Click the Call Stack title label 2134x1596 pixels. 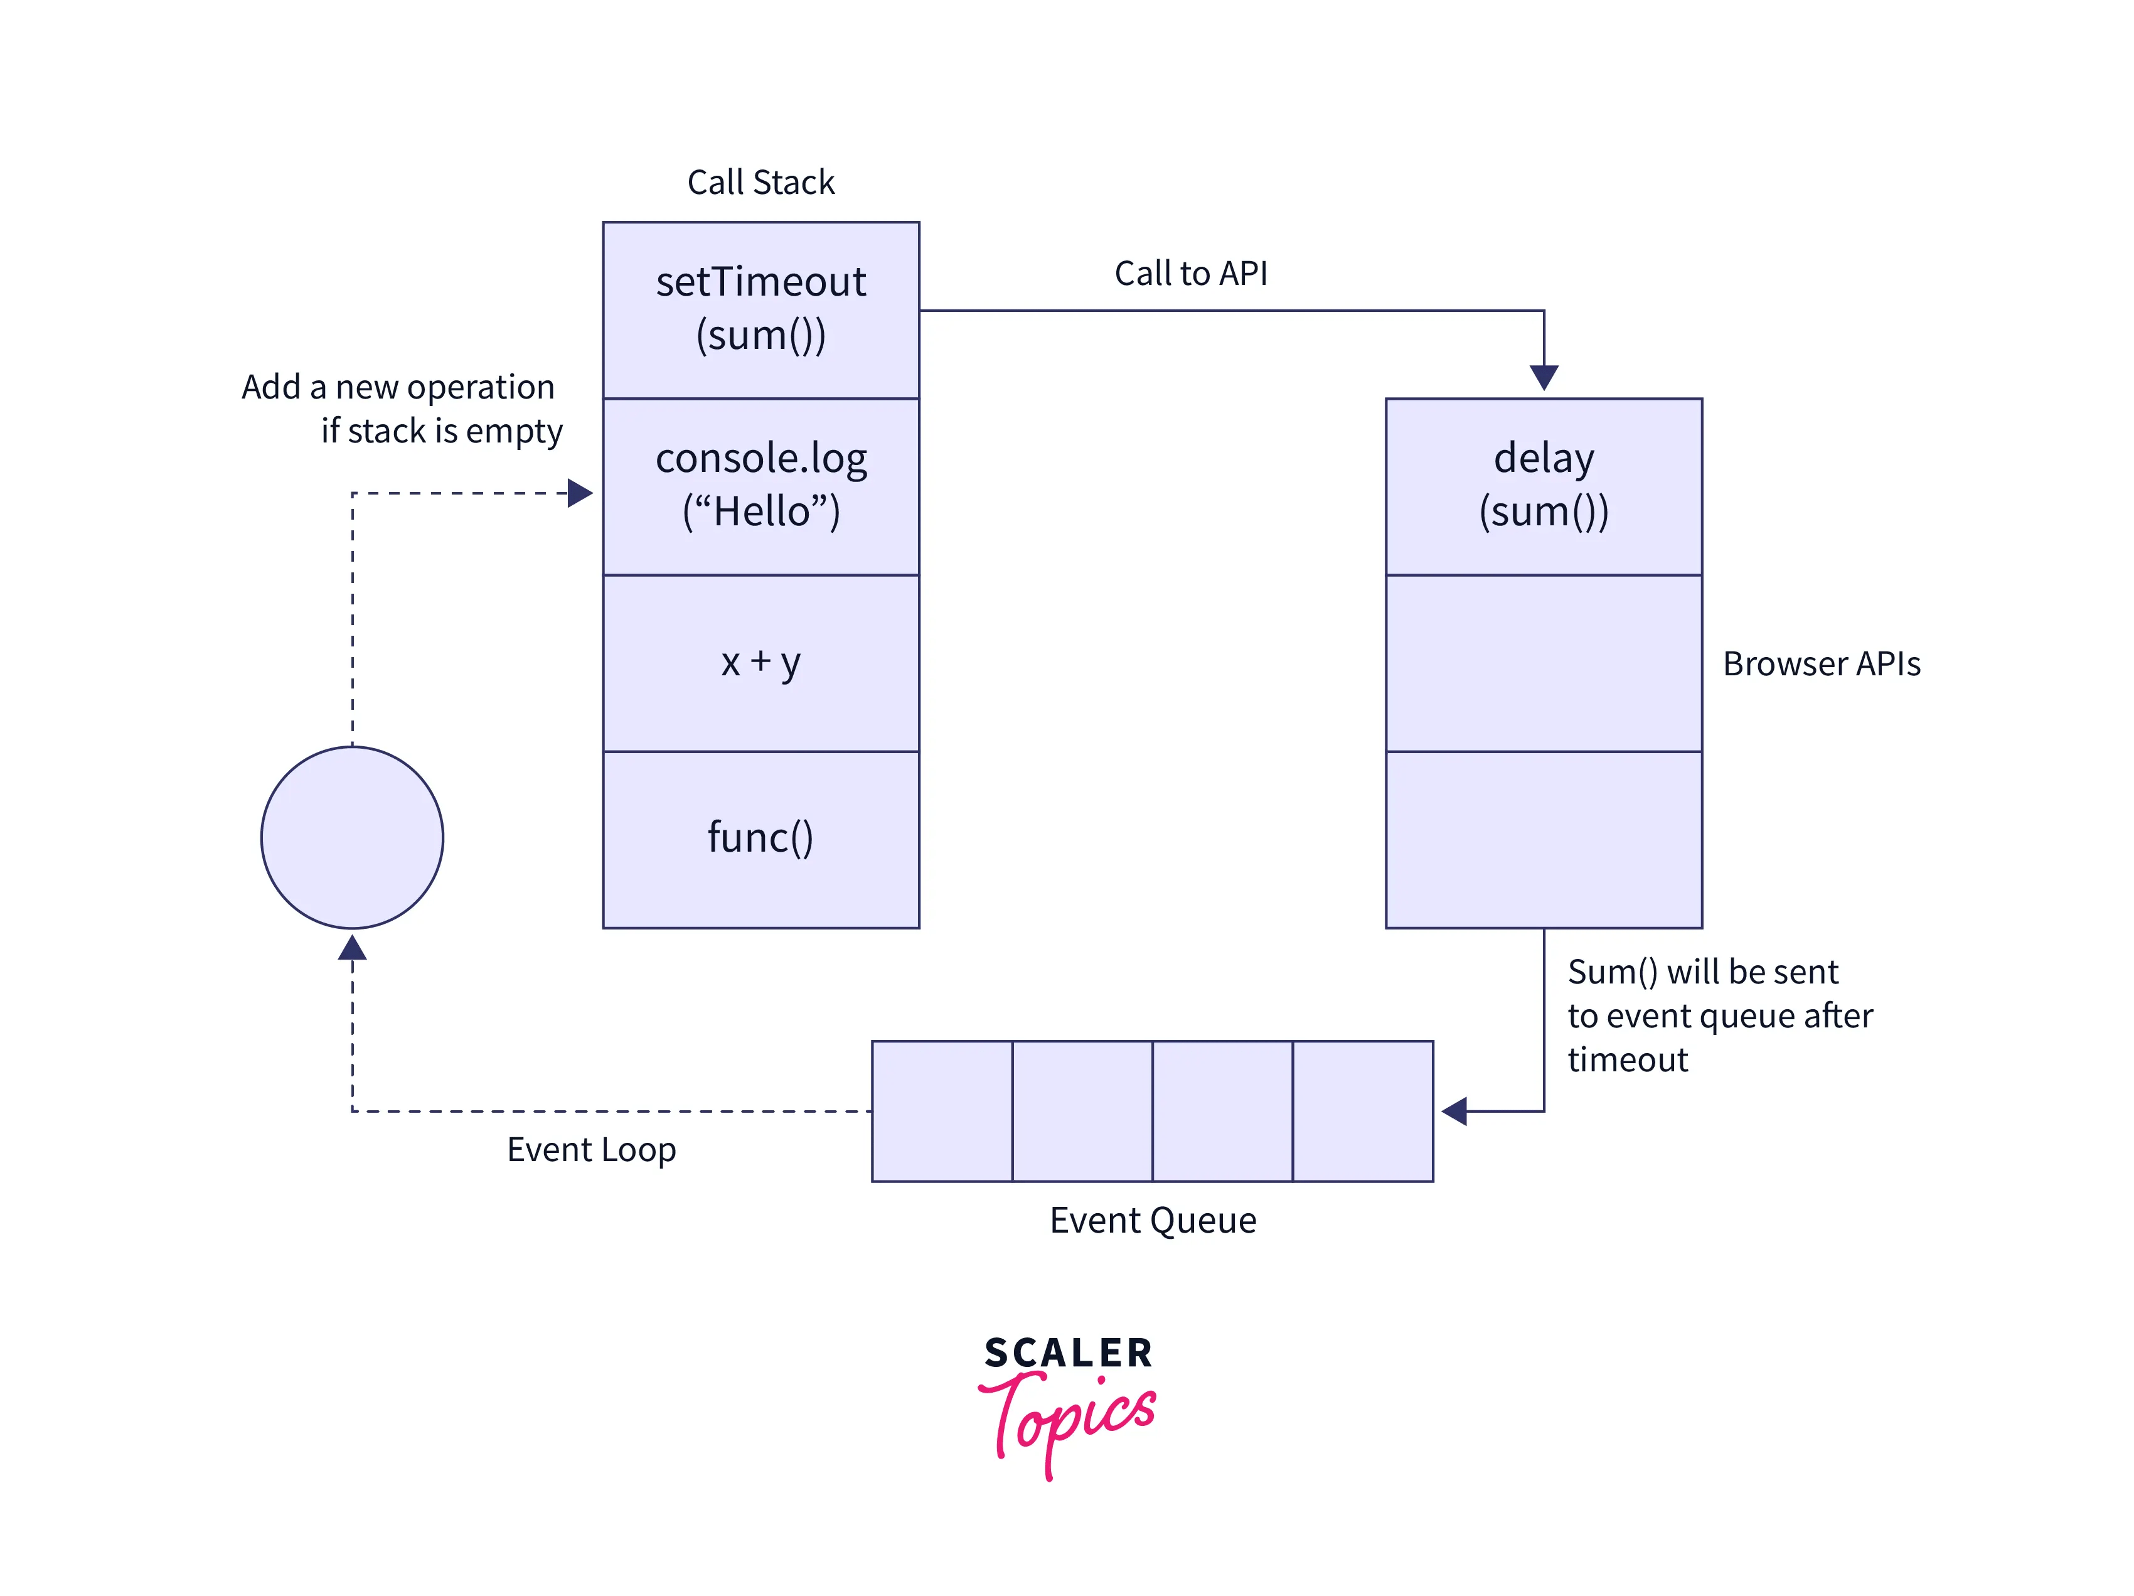(x=760, y=183)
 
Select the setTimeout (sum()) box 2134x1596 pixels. (x=760, y=309)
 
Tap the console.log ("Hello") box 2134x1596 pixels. (x=760, y=485)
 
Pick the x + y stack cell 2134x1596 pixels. (x=760, y=662)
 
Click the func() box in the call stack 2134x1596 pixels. (x=760, y=838)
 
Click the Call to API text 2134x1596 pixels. (x=1190, y=273)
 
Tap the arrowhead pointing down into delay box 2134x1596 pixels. (x=1544, y=377)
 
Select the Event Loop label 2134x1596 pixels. (x=592, y=1149)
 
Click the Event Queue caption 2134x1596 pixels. (x=1152, y=1219)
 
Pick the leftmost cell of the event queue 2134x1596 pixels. (x=942, y=1111)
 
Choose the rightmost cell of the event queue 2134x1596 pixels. (x=1362, y=1111)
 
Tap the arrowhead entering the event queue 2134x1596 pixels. (x=1454, y=1111)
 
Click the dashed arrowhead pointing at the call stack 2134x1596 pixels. (x=580, y=493)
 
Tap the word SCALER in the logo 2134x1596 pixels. (x=1068, y=1353)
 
